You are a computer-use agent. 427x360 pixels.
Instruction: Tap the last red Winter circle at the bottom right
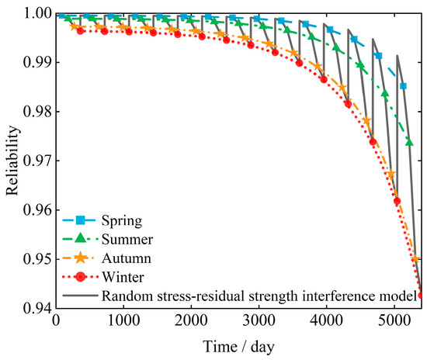421,295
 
